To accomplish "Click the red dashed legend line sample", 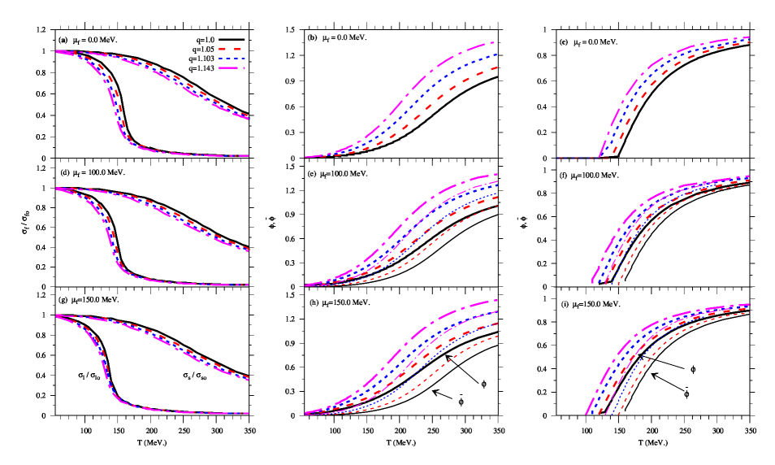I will [232, 50].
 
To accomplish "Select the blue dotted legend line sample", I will [232, 59].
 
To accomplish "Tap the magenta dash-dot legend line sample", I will [232, 68].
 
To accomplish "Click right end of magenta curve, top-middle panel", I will [496, 42].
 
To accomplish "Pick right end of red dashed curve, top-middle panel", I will [496, 67].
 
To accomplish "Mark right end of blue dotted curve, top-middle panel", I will [496, 55].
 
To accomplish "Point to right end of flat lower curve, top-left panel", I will [248, 155].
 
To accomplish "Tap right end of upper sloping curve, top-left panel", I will [248, 118].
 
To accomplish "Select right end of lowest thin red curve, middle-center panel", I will [496, 205].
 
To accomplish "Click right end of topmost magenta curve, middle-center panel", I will [496, 175].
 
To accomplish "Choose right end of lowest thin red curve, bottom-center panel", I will [496, 336].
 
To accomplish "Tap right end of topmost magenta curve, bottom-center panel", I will [496, 301].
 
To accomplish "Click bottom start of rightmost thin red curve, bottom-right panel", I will [620, 414].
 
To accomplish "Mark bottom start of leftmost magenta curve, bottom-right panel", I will [586, 414].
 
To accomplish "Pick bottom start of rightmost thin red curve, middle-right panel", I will [620, 284].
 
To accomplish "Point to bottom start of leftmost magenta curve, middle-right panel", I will [592, 284].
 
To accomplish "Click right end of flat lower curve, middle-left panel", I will [248, 285].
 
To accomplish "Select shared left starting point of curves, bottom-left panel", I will [56, 315].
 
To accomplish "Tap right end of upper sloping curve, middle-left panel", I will [248, 250].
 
